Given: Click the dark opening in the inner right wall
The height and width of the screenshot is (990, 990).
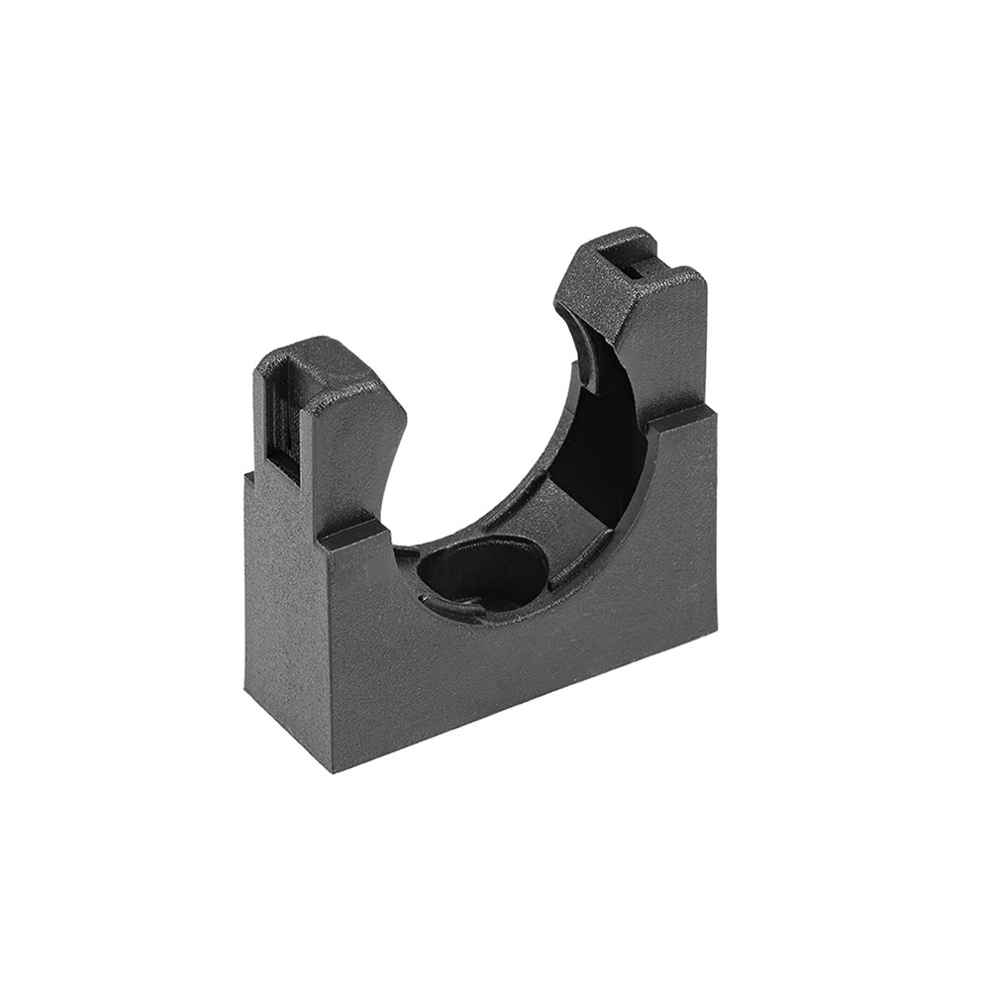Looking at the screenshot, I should (604, 436).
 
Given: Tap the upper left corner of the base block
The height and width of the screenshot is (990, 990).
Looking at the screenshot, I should (242, 472).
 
